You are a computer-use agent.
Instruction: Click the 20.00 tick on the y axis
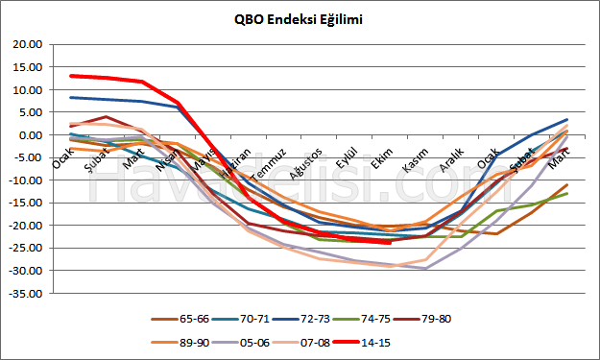click(x=28, y=45)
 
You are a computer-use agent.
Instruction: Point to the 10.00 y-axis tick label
click(x=28, y=90)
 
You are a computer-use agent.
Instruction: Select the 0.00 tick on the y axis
click(x=31, y=135)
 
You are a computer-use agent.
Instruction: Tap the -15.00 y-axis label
click(x=26, y=203)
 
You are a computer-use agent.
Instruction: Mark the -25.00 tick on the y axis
click(x=26, y=248)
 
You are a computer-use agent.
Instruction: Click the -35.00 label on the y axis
click(x=26, y=293)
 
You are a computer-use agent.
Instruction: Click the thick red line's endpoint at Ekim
click(x=389, y=242)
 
